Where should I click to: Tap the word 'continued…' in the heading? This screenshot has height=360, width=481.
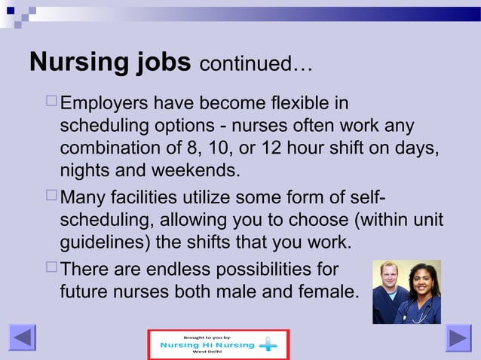coord(255,64)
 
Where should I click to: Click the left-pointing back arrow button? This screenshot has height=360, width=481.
coord(23,337)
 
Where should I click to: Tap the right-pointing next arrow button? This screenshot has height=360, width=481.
coord(458,337)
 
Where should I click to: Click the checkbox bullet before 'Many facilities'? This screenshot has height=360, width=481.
coord(50,197)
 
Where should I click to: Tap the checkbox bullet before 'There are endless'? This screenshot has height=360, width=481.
coord(50,268)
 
